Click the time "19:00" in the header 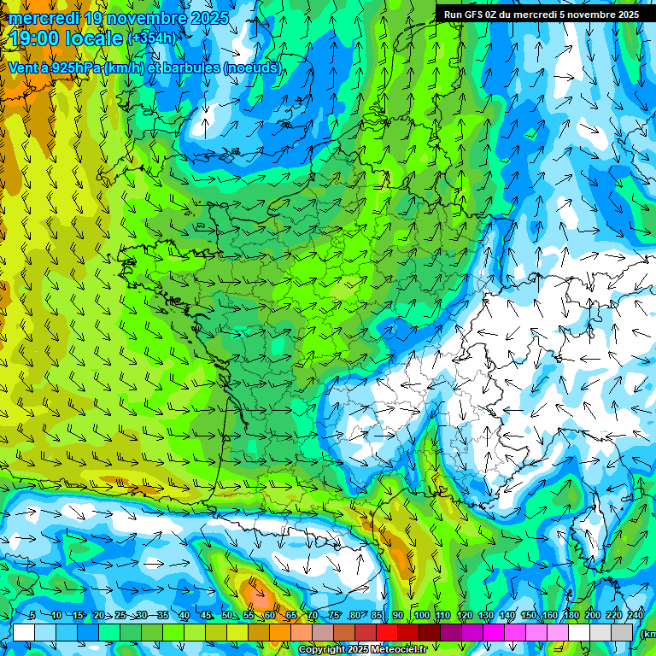(x=38, y=38)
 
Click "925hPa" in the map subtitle (x=75, y=67)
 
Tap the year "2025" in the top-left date (x=208, y=18)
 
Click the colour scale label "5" (x=32, y=615)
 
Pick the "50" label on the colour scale (x=226, y=615)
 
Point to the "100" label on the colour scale (x=421, y=615)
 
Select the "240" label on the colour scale (x=635, y=615)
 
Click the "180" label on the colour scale (x=571, y=615)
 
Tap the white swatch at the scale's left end (x=24, y=632)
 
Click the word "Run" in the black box (x=453, y=15)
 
